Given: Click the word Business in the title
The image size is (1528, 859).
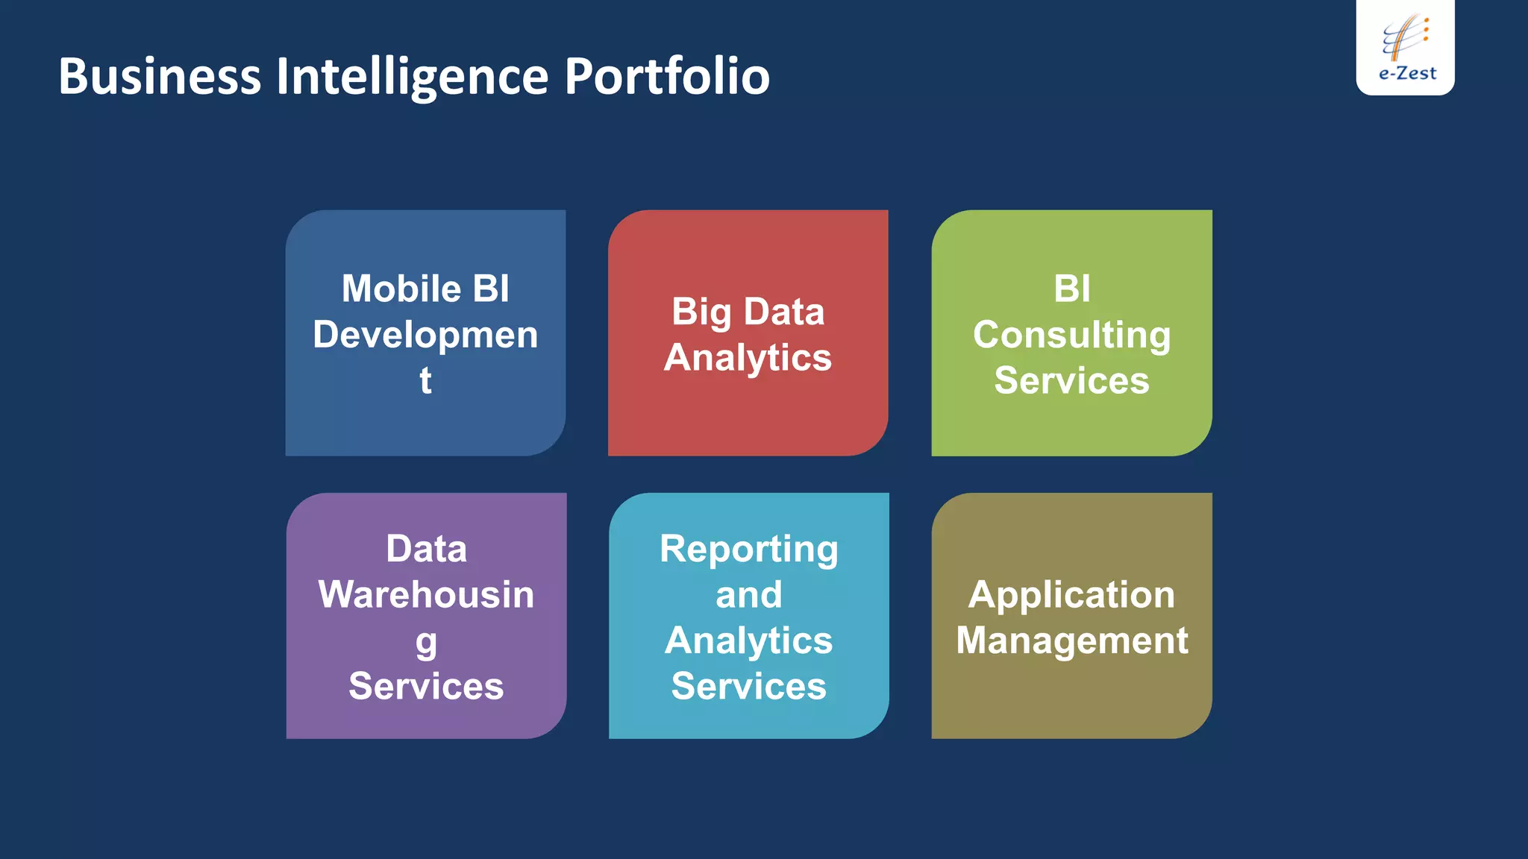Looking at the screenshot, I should pos(160,77).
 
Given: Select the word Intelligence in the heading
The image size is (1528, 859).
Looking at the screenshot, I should pos(413,77).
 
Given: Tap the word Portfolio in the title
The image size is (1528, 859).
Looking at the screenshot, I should pos(667,77).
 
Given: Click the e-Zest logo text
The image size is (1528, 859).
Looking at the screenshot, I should pos(1407,73).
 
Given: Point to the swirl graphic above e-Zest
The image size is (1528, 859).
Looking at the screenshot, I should pos(1405,36).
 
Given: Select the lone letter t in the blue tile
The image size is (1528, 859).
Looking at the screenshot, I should pos(425,380).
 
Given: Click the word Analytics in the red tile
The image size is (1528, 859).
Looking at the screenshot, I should pos(748,358).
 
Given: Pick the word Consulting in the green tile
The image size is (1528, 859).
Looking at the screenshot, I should pos(1071,335).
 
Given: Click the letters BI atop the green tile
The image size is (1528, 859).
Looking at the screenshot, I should pos(1072,289).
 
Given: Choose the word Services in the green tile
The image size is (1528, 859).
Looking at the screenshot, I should pos(1071,380).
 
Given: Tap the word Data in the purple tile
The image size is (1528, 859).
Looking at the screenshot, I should pos(426,550).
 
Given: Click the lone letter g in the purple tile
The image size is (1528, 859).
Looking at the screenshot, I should pos(426,642).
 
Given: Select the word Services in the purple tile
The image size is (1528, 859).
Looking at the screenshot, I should pos(426,686).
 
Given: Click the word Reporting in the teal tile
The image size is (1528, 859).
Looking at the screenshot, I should pos(748,550).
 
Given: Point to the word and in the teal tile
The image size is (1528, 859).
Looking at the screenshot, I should pos(748,595).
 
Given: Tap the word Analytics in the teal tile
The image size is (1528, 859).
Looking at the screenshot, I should pos(748,641).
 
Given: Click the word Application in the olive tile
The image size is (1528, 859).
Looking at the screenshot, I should pos(1071,596).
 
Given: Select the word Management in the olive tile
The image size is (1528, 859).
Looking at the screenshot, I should pos(1071,641).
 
